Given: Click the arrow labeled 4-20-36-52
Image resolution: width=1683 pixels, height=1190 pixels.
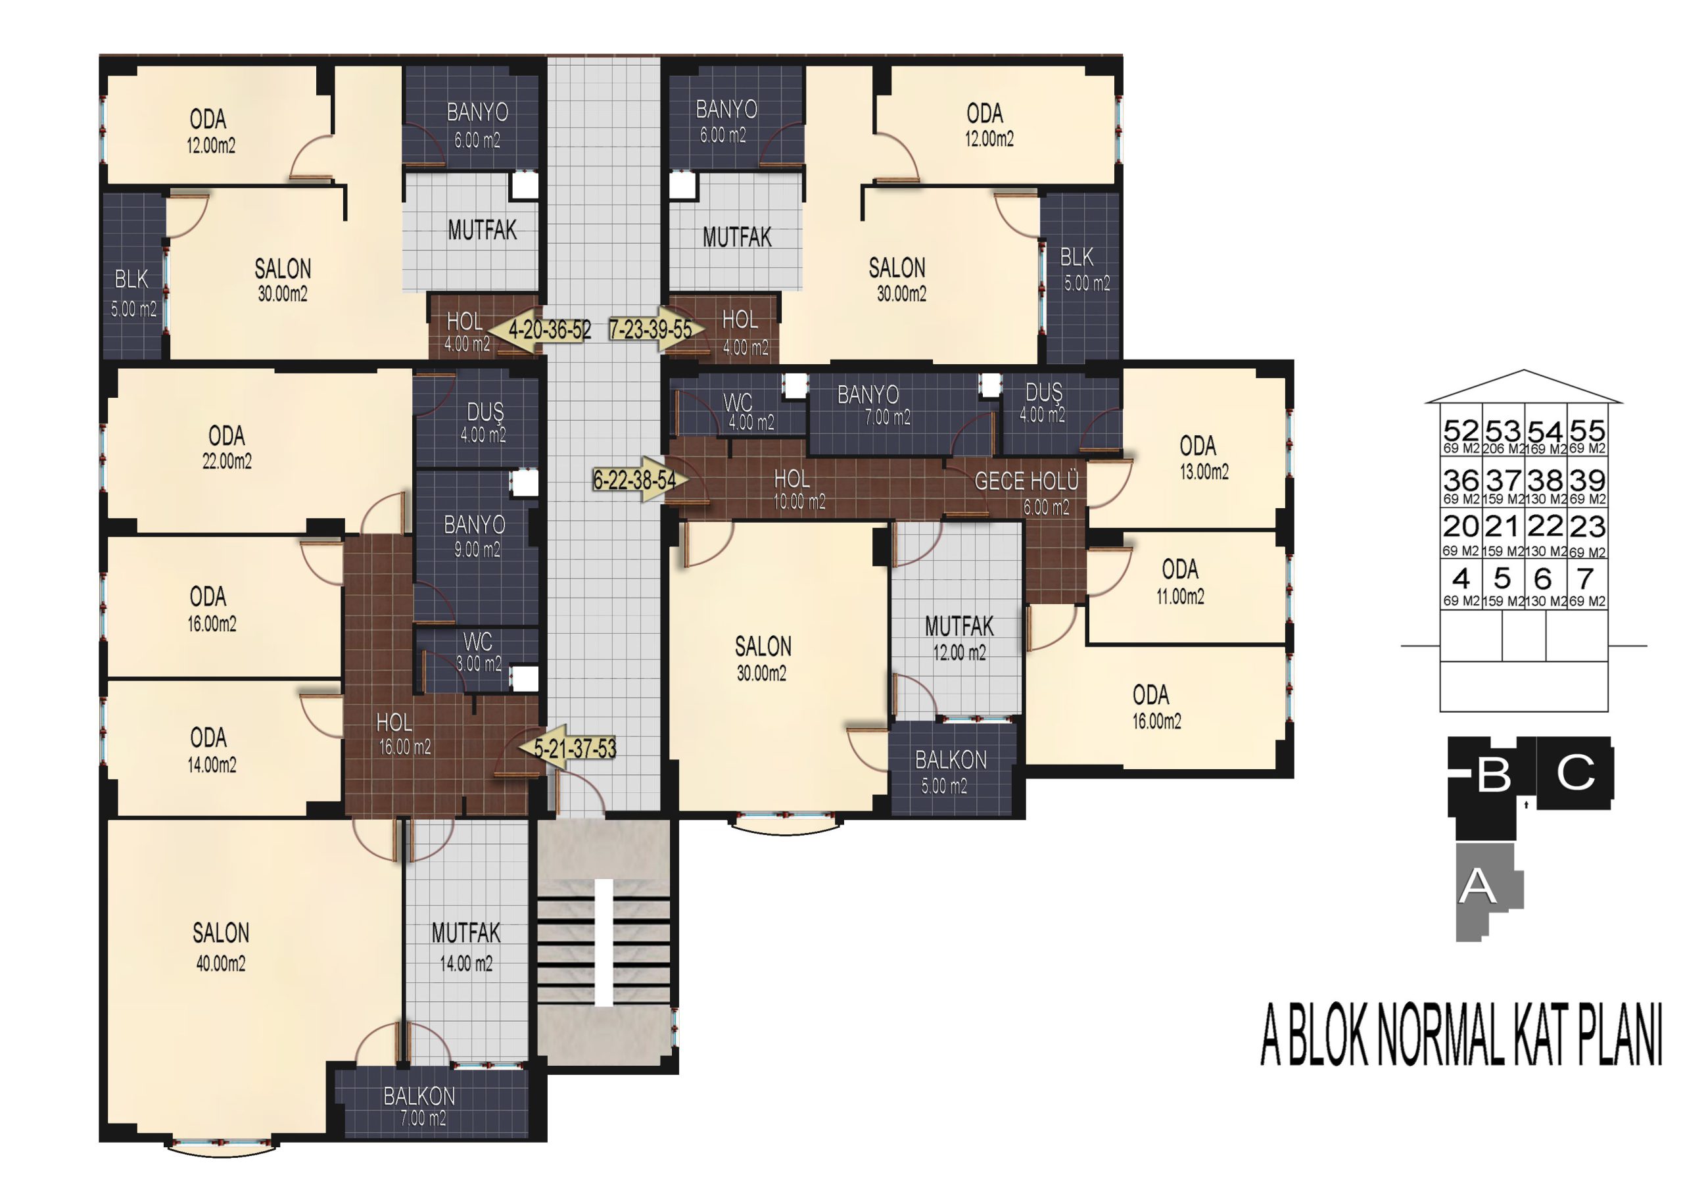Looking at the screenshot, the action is pos(540,330).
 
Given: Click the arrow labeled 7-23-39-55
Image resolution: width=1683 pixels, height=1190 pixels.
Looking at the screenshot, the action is pos(657,329).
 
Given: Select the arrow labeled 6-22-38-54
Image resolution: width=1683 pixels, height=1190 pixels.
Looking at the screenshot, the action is pos(640,479).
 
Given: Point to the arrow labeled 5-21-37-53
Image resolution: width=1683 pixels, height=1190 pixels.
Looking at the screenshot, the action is pos(567,748).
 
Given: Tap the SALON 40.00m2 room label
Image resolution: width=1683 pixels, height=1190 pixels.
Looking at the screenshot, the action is pos(221,947).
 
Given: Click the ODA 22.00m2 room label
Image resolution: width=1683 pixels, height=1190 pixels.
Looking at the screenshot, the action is pos(227,447).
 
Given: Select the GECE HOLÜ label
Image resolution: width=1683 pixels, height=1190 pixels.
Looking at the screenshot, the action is pos(1026,482).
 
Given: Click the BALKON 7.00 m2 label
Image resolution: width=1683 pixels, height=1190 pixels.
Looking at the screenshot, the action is pos(420,1106).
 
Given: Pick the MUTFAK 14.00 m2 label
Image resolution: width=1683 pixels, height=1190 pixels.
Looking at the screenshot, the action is pos(466,947).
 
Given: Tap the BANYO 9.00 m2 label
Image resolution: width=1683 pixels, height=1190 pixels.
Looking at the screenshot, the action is pos(475,536).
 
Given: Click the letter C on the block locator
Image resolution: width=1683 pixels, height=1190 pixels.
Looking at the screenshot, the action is pos(1575,773).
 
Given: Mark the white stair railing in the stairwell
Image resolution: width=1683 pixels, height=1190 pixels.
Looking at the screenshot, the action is pos(604,943).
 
